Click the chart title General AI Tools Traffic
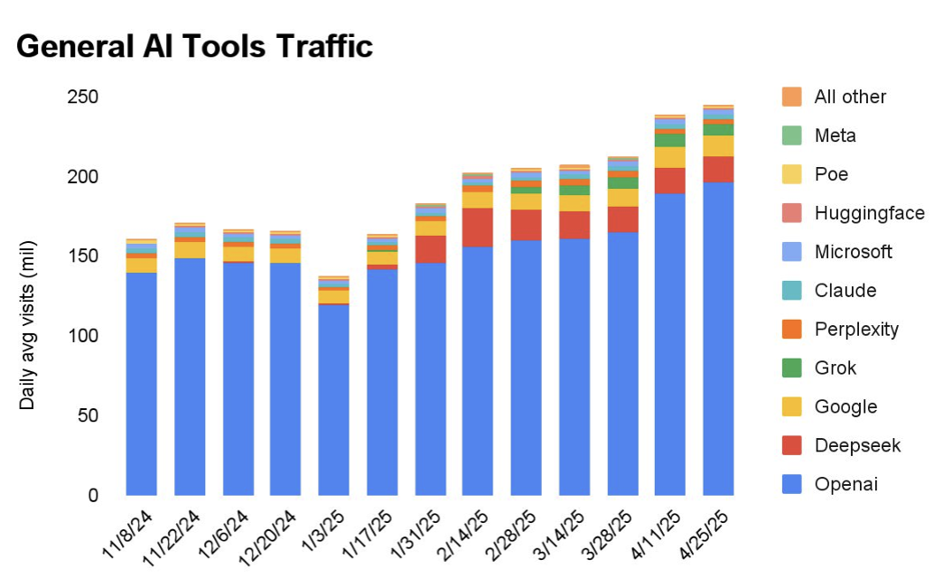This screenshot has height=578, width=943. (x=194, y=46)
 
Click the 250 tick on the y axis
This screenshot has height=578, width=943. (x=83, y=97)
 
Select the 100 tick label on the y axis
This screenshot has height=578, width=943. (x=83, y=336)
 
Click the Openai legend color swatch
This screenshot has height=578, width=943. (x=791, y=485)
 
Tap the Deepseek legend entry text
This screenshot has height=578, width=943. (x=857, y=446)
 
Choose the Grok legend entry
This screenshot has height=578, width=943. (x=836, y=368)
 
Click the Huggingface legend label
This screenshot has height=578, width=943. (x=869, y=213)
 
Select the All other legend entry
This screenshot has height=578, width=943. (x=850, y=97)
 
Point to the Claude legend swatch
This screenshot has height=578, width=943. (x=791, y=291)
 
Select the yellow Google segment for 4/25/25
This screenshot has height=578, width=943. (x=718, y=145)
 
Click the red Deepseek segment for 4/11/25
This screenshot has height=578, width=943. (x=669, y=181)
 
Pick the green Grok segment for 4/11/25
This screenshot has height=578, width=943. (x=669, y=140)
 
